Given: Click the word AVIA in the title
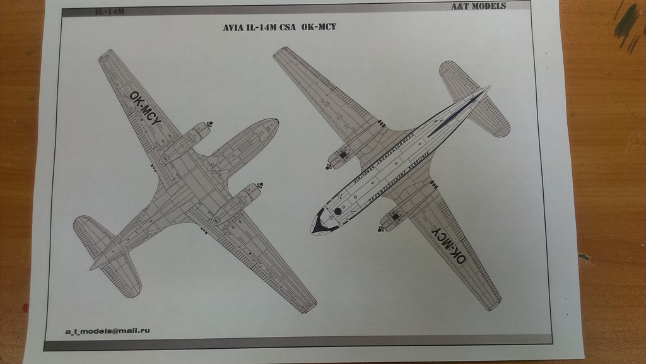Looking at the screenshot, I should tap(233, 28).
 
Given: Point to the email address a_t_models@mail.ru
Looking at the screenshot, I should tap(107, 331).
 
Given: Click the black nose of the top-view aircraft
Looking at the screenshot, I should tap(319, 222).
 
